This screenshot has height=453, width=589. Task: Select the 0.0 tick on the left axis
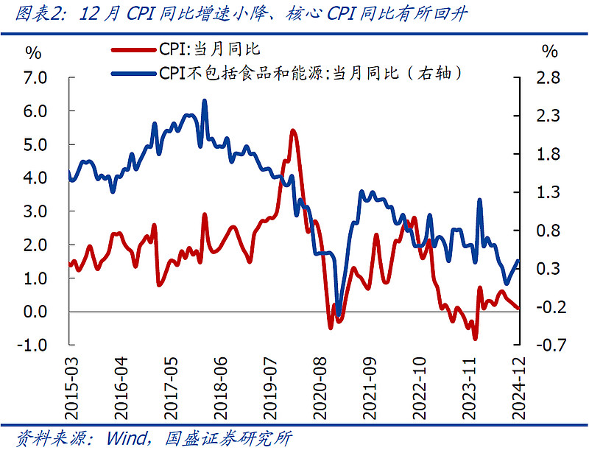click(37, 312)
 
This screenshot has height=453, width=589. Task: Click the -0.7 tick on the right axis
click(549, 345)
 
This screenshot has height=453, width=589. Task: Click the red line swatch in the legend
click(133, 50)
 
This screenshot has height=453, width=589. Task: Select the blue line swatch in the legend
click(133, 73)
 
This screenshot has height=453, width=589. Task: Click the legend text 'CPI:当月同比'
click(209, 50)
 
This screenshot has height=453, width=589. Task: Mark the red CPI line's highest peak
click(293, 130)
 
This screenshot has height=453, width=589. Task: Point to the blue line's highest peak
click(204, 101)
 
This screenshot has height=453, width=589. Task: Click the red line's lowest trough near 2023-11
click(475, 338)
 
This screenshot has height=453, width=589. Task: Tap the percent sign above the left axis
click(34, 52)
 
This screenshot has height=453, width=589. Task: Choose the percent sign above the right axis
click(549, 52)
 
